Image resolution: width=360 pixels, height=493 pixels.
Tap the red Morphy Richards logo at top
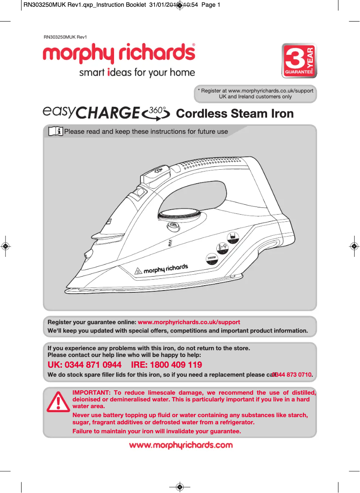point(119,55)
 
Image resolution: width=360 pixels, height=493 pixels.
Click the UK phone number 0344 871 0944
point(84,365)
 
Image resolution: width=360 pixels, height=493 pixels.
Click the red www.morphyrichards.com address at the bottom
point(180,445)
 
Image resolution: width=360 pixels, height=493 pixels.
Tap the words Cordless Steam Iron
point(235,114)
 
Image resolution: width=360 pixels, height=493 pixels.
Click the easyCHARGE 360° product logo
point(107,113)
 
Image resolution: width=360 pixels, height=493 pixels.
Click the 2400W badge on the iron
point(212,258)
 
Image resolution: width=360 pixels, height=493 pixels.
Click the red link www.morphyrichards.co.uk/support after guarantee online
point(189,322)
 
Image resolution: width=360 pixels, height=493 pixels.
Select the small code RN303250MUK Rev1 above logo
point(65,37)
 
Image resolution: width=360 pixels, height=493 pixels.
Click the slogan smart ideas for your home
point(137,73)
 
